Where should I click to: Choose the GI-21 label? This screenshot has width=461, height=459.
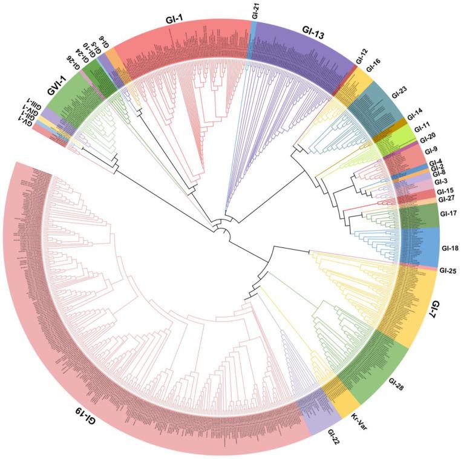[255, 10]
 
